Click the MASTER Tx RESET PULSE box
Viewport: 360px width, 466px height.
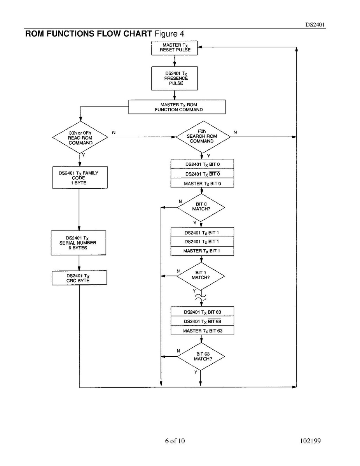click(175, 48)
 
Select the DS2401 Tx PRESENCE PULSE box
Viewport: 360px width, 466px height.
click(175, 78)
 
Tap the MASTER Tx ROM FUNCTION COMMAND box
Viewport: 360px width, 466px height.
click(177, 107)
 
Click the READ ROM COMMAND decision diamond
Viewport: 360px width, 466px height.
click(80, 138)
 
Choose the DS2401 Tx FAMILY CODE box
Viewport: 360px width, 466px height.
click(79, 178)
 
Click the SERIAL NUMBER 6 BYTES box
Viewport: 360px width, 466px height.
click(79, 243)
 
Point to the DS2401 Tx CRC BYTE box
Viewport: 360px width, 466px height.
click(79, 278)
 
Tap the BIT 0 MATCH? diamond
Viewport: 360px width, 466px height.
click(201, 207)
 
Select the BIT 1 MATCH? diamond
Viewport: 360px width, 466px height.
click(201, 276)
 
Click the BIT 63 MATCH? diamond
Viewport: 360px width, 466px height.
click(201, 356)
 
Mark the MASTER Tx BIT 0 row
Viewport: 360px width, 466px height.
click(202, 183)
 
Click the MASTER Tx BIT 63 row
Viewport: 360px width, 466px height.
click(202, 331)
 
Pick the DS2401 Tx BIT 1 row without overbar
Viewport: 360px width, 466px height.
click(202, 233)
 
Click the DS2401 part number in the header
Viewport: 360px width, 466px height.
click(315, 24)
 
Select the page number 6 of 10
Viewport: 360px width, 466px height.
click(175, 441)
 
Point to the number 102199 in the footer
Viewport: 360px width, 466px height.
click(310, 441)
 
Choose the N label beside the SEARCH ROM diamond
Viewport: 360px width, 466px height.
click(235, 133)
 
